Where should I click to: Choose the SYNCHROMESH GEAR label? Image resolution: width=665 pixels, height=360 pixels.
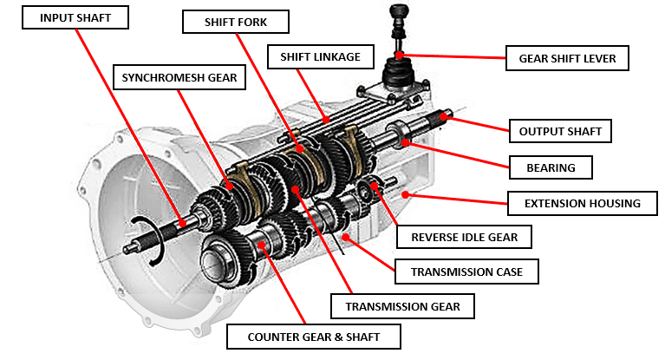click(x=179, y=77)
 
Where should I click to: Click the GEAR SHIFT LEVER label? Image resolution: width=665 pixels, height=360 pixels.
click(x=567, y=59)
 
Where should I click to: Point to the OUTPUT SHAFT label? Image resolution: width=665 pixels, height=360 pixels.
click(x=559, y=131)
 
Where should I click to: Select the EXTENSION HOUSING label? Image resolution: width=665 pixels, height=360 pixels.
click(x=582, y=204)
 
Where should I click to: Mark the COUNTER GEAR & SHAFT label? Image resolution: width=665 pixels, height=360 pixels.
click(x=313, y=336)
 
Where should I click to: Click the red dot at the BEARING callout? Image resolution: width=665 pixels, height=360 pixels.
click(x=404, y=140)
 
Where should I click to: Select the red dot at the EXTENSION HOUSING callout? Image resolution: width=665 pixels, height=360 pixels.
click(x=404, y=195)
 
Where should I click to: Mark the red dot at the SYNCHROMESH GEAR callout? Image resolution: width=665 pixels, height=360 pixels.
click(x=228, y=185)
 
